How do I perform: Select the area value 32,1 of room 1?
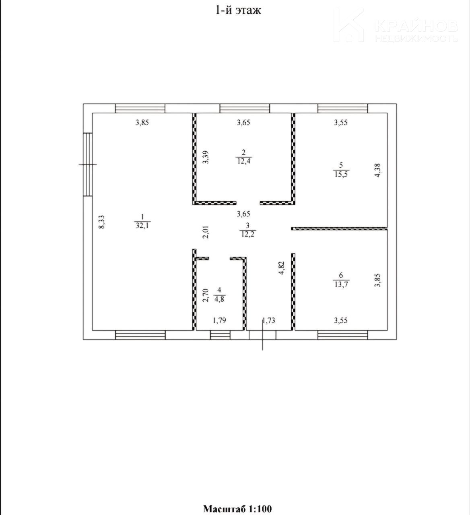[x=142, y=225]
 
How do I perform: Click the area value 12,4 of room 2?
[x=244, y=161]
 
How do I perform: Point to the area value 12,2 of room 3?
[x=247, y=234]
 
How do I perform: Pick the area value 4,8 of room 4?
[x=219, y=299]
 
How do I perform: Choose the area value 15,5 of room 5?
[x=341, y=174]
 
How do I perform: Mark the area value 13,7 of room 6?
[x=341, y=284]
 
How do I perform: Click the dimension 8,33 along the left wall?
[x=102, y=222]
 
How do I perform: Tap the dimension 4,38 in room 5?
[x=377, y=170]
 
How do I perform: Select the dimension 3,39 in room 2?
[x=206, y=157]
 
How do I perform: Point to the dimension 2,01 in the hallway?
[x=206, y=232]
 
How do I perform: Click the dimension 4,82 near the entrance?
[x=282, y=268]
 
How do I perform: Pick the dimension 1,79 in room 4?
[x=219, y=320]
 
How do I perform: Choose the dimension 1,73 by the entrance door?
[x=268, y=320]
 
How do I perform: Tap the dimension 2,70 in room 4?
[x=206, y=295]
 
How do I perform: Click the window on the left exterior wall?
[x=88, y=165]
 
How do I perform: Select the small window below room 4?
[x=221, y=335]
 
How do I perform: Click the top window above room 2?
[x=245, y=108]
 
